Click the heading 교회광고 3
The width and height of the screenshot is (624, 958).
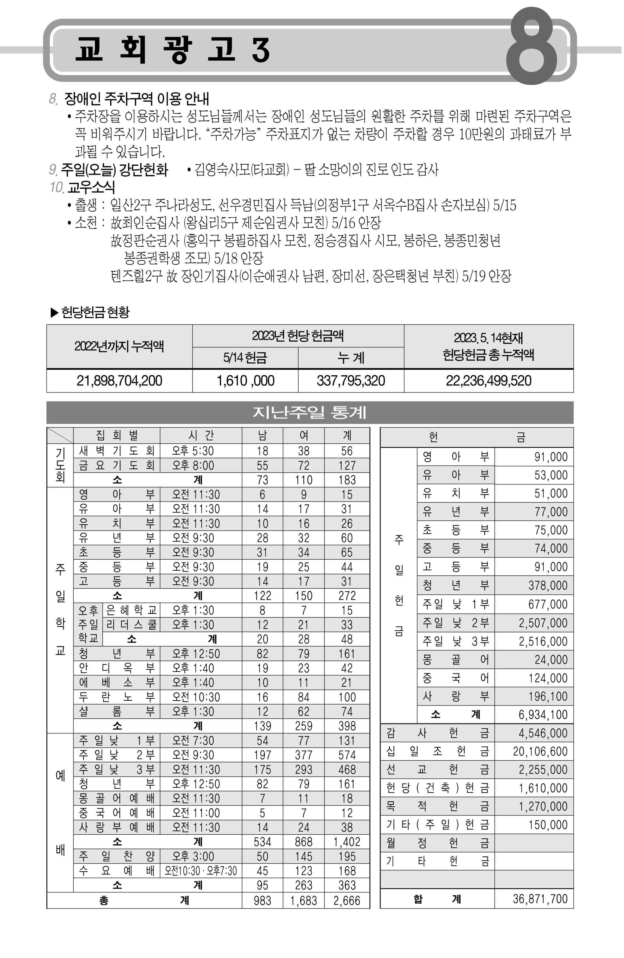click(172, 50)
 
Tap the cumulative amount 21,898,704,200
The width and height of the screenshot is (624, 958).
click(119, 380)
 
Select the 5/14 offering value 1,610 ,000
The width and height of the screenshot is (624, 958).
click(245, 380)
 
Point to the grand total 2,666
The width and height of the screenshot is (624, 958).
click(347, 900)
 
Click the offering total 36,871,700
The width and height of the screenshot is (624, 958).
click(540, 899)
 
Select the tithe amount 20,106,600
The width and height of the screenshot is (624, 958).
click(540, 751)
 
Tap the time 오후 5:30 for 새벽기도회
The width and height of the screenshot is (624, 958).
click(193, 451)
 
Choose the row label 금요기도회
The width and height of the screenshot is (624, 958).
click(116, 465)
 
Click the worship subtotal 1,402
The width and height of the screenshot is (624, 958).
click(347, 842)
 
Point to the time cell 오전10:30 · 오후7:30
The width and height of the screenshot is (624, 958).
click(200, 871)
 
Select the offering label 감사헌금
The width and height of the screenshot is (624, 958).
click(437, 733)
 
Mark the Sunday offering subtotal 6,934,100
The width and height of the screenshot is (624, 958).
click(543, 714)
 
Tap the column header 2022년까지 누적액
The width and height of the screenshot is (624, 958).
click(119, 346)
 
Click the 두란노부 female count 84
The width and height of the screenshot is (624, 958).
click(303, 697)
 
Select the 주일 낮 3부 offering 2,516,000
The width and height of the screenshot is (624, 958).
click(543, 641)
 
